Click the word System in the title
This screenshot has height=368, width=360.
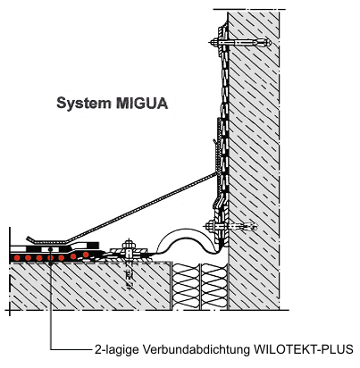click(x=84, y=104)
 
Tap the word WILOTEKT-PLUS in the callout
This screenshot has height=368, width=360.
click(x=303, y=349)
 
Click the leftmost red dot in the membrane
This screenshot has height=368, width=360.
click(x=17, y=257)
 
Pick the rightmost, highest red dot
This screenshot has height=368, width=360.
click(x=86, y=255)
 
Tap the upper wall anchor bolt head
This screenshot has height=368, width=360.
click(x=213, y=42)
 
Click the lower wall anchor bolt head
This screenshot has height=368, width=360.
click(x=210, y=226)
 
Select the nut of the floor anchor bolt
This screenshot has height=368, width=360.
click(x=129, y=246)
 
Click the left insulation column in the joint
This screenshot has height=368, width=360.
click(x=186, y=287)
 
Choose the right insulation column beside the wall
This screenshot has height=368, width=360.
click(x=213, y=287)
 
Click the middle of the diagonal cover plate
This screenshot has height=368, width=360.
click(x=142, y=207)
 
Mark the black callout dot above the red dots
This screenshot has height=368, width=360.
click(x=50, y=248)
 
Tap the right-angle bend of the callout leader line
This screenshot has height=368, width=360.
click(x=51, y=349)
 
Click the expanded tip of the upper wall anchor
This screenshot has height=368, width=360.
click(x=265, y=42)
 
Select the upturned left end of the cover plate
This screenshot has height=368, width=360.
click(x=29, y=238)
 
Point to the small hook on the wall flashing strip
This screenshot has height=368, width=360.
click(x=213, y=143)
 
